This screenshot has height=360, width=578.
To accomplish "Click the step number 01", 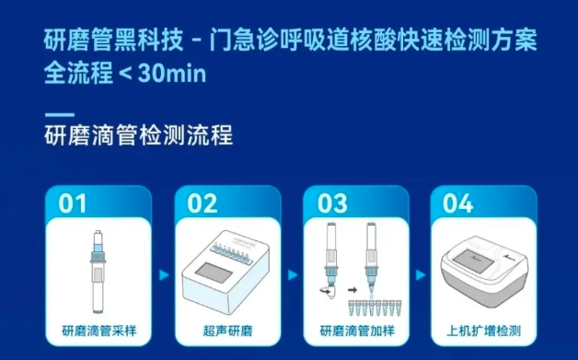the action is click(x=72, y=203).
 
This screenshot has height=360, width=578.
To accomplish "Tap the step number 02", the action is click(x=202, y=203).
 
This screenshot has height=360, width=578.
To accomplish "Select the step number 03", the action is click(x=332, y=203).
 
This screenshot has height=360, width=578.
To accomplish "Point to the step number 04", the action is click(x=457, y=203).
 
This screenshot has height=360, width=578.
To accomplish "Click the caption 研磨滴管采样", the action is click(x=99, y=331).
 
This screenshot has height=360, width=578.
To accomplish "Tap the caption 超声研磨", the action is click(x=228, y=331).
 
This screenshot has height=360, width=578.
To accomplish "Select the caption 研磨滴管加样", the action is click(x=357, y=331).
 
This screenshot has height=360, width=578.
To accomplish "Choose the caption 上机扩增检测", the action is click(x=483, y=331).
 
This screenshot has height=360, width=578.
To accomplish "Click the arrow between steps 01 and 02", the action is click(x=164, y=274).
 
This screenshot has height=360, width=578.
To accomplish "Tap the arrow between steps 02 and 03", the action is click(x=293, y=274).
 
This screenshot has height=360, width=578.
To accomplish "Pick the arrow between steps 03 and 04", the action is click(x=421, y=274).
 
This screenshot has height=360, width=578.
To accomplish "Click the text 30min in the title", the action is click(x=172, y=73).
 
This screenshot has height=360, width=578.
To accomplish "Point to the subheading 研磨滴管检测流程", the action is click(x=139, y=135).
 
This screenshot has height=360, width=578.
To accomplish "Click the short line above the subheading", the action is click(x=59, y=115).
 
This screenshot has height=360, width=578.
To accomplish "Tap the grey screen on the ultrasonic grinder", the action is click(x=214, y=273).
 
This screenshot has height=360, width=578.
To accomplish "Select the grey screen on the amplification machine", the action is click(x=473, y=261).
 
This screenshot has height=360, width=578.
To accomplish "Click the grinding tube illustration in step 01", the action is click(x=98, y=272).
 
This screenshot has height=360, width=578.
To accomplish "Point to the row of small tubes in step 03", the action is click(x=375, y=308).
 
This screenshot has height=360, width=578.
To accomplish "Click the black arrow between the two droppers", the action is click(x=353, y=290).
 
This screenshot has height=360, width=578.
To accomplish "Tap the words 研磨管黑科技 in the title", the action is click(x=113, y=40).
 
